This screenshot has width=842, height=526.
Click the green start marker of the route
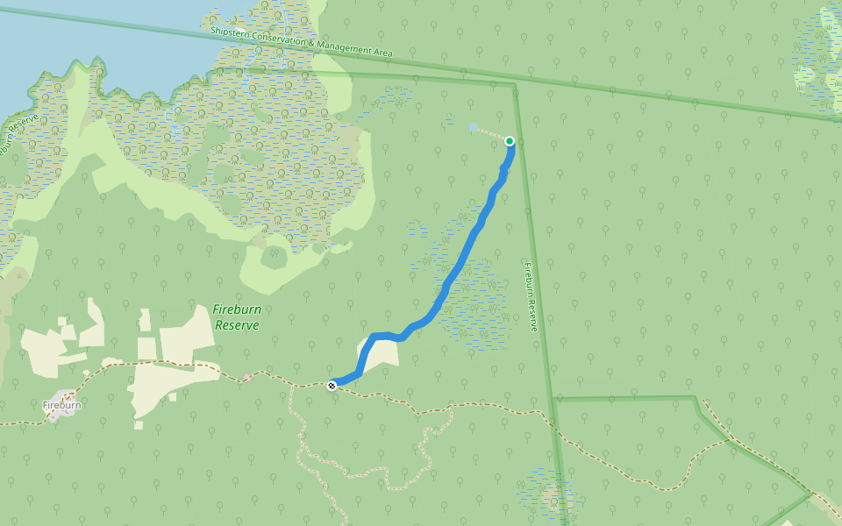point(510,141)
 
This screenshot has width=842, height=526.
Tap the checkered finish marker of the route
point(332,385)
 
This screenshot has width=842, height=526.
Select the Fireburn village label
point(61,405)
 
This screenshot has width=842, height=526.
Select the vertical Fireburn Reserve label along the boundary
point(530,296)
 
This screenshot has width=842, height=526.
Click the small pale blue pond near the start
point(474,128)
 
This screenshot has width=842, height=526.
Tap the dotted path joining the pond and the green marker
point(491,134)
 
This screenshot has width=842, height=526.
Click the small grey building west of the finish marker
point(248,378)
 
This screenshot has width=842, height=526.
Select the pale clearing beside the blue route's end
point(381,352)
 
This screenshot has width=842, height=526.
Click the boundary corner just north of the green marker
point(515,85)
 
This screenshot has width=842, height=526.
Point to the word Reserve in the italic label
point(237,324)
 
